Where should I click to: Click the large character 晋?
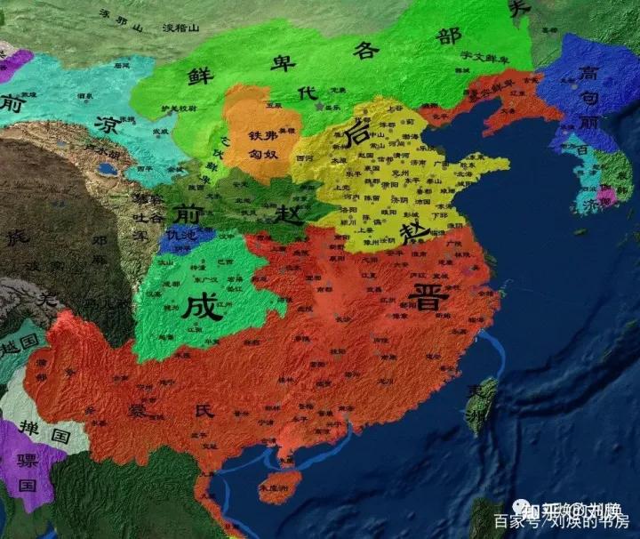point(428,298)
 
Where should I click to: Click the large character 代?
point(307,93)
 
